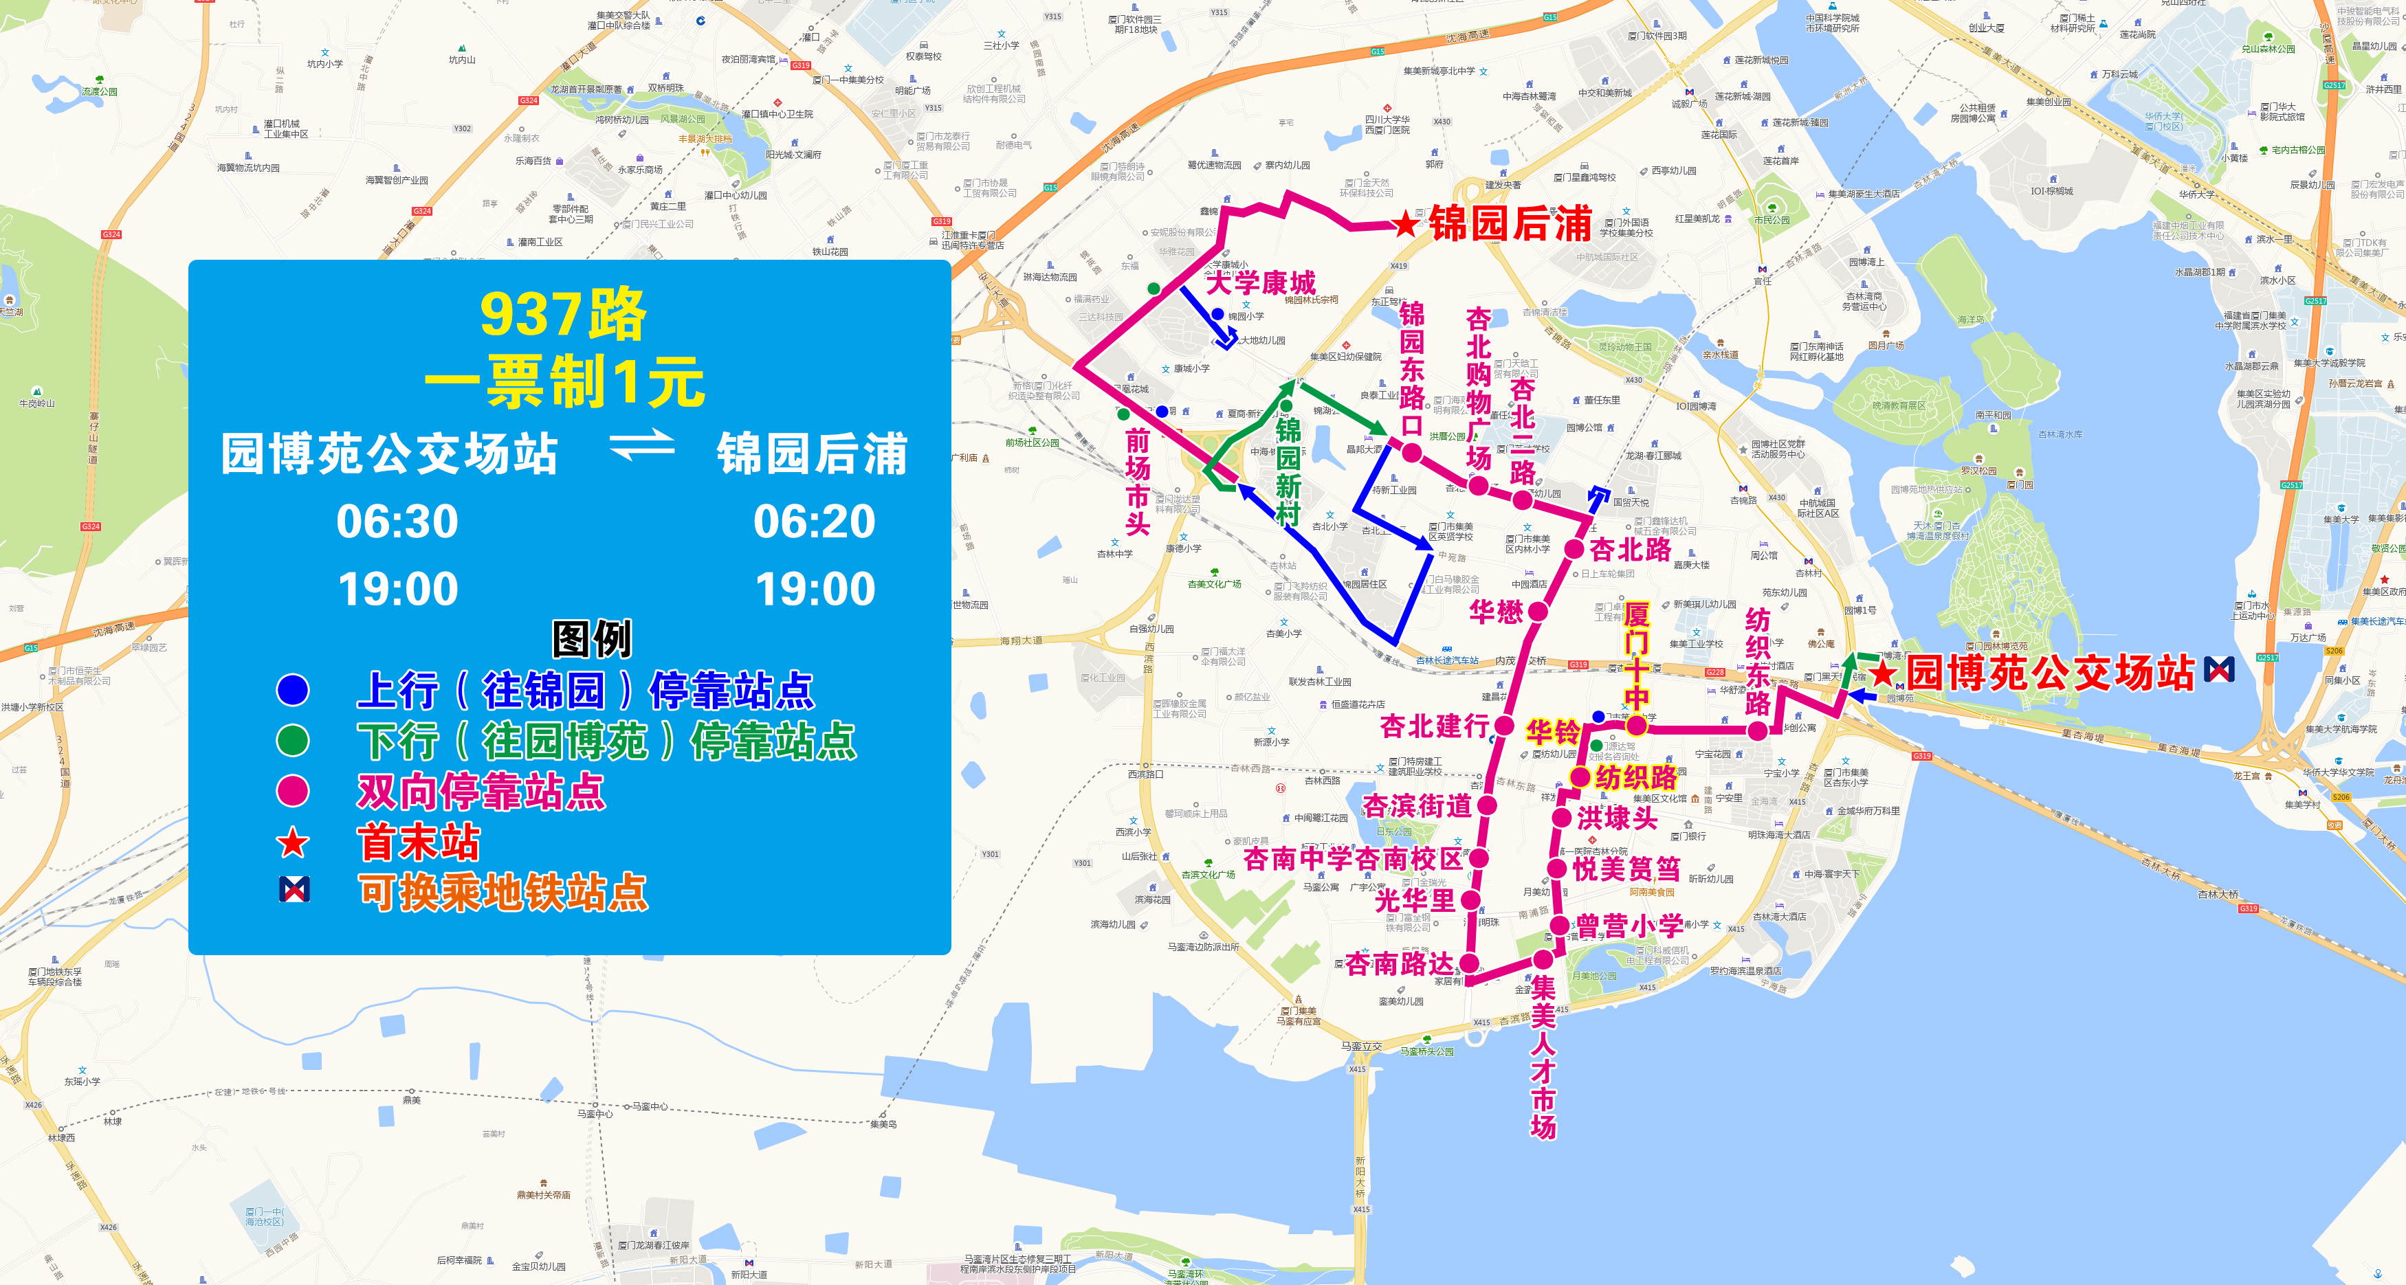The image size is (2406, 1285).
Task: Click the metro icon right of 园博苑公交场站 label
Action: coord(2219,669)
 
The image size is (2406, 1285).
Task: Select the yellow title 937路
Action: coord(563,315)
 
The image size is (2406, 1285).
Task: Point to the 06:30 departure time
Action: coord(398,521)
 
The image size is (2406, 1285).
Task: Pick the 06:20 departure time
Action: coord(815,521)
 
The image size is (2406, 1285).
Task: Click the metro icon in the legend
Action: coord(294,890)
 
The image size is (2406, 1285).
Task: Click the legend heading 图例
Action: coord(592,640)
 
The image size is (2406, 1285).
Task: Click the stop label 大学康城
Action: coord(1261,283)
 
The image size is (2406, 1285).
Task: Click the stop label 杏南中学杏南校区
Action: coord(1352,858)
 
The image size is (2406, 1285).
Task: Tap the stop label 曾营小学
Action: coord(1630,926)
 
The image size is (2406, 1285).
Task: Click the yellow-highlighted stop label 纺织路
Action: coord(1636,777)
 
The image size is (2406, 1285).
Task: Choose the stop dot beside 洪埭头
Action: coord(1560,818)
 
